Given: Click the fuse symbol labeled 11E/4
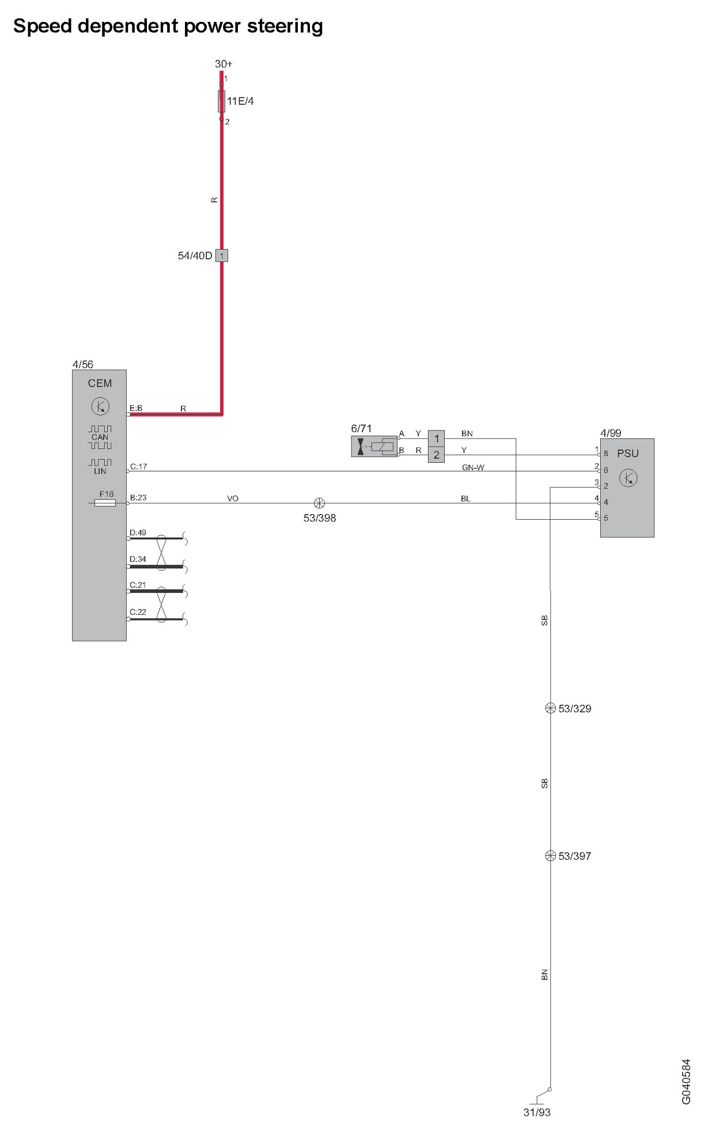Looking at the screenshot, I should (x=221, y=101).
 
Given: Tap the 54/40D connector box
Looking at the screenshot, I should (x=222, y=255).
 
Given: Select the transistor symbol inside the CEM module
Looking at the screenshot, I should (x=100, y=406).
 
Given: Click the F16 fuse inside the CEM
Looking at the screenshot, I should (x=105, y=503).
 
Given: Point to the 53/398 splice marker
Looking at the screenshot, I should (x=319, y=503).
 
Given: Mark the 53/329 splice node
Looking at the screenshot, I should (x=550, y=708).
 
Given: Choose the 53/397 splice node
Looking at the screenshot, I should (x=550, y=856).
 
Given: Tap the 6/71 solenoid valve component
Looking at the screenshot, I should (x=374, y=447).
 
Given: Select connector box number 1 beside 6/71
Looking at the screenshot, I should (x=436, y=439).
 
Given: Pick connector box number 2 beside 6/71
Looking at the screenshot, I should (x=436, y=455).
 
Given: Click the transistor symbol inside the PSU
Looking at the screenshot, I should (x=628, y=478).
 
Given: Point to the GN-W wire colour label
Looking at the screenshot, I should (x=473, y=467).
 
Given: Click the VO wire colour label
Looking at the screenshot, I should (x=233, y=498).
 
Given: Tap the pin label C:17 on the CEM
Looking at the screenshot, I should (x=139, y=467).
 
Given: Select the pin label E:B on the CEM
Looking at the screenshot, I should (x=136, y=409).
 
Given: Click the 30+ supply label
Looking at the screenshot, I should (x=224, y=64).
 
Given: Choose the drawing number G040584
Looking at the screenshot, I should (x=686, y=1082).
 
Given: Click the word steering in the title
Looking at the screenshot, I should (x=285, y=27).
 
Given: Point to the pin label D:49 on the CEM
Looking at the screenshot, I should (x=138, y=533).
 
